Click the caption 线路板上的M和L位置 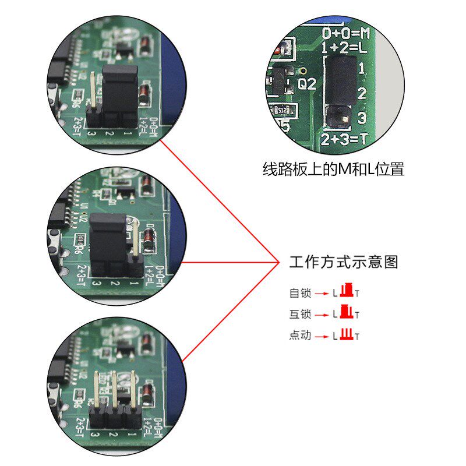point(333,170)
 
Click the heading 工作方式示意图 point(344,262)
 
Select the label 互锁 point(300,315)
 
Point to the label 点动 point(300,336)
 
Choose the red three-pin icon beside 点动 point(347,334)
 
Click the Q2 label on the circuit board point(307,84)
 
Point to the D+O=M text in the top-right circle point(346,31)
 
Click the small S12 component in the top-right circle point(283,110)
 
